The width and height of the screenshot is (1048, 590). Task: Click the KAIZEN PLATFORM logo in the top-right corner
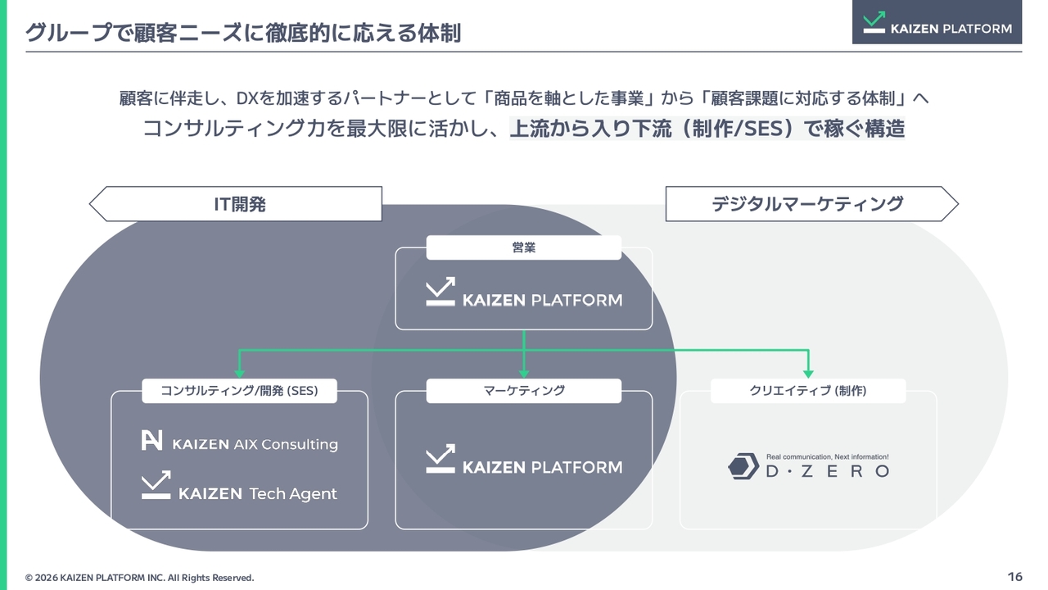click(x=937, y=22)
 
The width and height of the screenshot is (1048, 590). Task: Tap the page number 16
click(x=1014, y=576)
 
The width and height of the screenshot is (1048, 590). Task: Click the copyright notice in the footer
click(x=139, y=578)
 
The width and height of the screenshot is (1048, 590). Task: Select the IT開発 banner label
click(x=240, y=204)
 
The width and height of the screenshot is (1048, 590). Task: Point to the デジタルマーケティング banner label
click(x=807, y=204)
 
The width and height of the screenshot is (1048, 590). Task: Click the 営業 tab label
click(x=523, y=247)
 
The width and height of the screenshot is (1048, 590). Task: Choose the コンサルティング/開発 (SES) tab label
click(x=239, y=391)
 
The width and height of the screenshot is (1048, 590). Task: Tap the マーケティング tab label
click(x=524, y=391)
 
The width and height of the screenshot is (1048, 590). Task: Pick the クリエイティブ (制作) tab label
click(x=808, y=391)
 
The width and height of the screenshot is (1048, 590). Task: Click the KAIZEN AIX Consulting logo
click(x=240, y=441)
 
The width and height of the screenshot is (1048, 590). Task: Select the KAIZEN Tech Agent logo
click(x=239, y=486)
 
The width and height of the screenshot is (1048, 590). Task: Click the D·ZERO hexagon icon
click(x=743, y=466)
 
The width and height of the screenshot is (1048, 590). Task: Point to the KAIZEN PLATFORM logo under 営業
click(x=524, y=292)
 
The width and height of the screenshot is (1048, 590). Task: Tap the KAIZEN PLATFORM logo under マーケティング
click(x=524, y=459)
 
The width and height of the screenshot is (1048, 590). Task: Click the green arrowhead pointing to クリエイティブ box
click(x=808, y=374)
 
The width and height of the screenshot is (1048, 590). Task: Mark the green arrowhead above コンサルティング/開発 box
click(x=239, y=374)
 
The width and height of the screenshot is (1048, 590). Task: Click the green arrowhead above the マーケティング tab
click(x=524, y=374)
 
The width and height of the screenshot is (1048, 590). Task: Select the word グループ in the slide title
click(x=69, y=33)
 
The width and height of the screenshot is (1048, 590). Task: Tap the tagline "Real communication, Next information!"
click(x=827, y=456)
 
